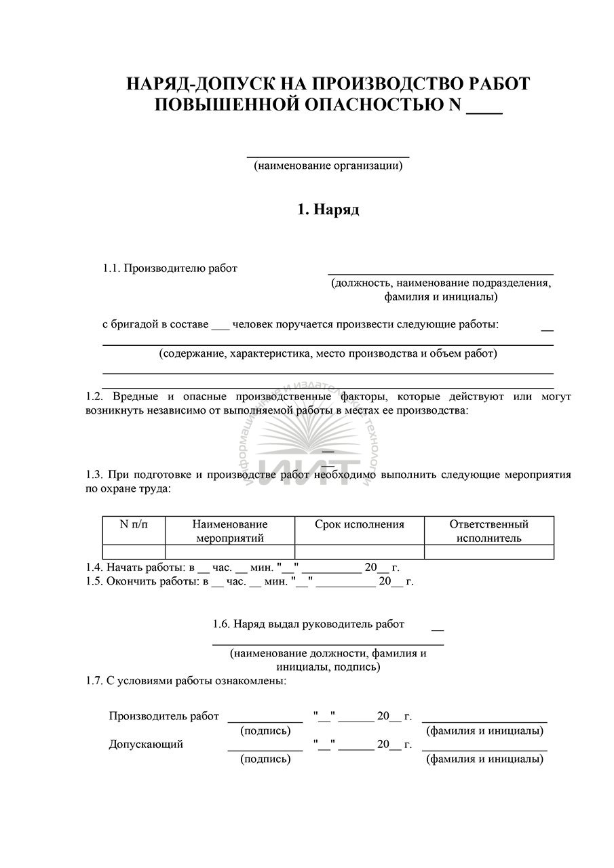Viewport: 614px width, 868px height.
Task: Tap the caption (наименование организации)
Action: coord(328,165)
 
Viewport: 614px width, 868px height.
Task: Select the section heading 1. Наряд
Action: coord(328,210)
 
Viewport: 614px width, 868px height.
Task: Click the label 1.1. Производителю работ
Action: coord(170,269)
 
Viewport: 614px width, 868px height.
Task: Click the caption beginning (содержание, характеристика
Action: coord(328,353)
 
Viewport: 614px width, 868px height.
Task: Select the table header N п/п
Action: coord(134,524)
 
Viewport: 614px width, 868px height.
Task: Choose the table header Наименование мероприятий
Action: coord(230,531)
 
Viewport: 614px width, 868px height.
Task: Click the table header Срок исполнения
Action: coord(360,524)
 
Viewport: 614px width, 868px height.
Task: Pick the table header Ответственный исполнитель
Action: coord(488,531)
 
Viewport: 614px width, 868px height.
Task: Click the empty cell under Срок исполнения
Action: coord(360,551)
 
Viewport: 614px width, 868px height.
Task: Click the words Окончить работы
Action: coord(151,581)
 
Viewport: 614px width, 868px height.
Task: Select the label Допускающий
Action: coord(146,745)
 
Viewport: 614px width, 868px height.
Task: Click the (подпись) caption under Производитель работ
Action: coord(265,731)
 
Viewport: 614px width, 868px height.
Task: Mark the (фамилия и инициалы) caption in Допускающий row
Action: coord(484,759)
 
